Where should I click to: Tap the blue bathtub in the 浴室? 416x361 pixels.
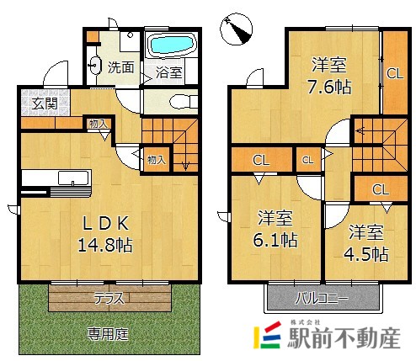pos(171,45)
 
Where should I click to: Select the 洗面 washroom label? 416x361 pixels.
pos(121,67)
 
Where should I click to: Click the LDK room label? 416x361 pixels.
pos(104,223)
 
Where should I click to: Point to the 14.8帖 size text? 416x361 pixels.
pos(105,246)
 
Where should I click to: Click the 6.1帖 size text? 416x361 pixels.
pos(276,240)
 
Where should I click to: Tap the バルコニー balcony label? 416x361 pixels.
pos(319,297)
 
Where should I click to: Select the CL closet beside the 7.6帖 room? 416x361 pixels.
pos(394,72)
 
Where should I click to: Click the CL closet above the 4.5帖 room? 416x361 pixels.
pos(380,188)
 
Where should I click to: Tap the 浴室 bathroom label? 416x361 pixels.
pos(168,73)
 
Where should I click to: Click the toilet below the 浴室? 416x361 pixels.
pos(179,100)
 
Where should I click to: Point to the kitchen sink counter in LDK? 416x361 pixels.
pos(55,178)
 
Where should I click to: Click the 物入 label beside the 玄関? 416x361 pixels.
pos(99,124)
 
